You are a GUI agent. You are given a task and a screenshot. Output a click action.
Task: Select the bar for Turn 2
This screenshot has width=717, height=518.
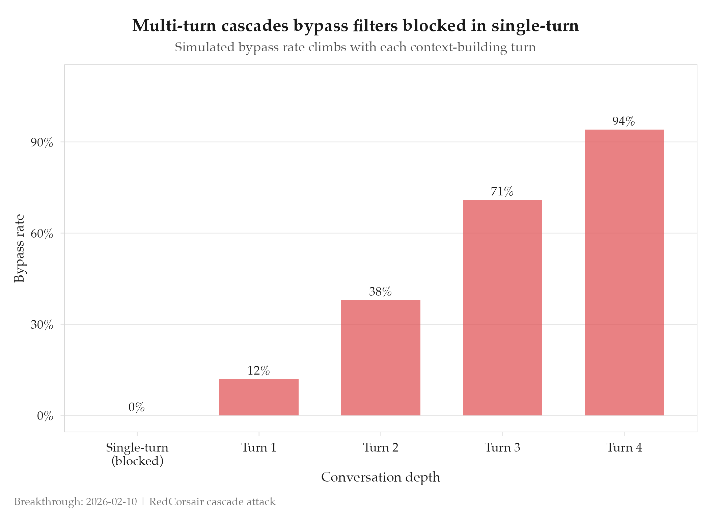pos(381,357)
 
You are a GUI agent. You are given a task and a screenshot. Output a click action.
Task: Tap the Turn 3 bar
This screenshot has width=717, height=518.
pos(502,307)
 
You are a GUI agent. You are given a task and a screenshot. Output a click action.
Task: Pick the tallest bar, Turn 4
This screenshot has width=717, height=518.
pos(624,272)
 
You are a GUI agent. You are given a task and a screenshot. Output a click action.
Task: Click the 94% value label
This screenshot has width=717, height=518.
pos(624,121)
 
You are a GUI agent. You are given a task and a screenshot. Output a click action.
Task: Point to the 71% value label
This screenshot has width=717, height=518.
pos(502,192)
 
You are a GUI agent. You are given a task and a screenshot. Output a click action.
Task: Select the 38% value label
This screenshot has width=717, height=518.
pos(380,292)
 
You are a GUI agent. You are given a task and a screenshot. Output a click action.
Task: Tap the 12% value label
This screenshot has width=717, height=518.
pos(258,371)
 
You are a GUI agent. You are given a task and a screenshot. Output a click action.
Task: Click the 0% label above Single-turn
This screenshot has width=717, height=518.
pos(137,407)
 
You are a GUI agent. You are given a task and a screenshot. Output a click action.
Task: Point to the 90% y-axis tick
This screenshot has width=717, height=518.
pos(42,143)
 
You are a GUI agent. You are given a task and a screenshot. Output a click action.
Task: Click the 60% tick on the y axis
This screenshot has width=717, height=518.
pos(42,234)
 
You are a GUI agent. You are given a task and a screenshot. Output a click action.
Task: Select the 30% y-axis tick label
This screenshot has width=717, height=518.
pos(42,325)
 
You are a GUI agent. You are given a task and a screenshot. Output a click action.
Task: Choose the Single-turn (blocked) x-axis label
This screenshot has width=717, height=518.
pos(137,454)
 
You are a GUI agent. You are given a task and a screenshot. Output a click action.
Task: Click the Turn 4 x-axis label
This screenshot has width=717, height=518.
pos(624,447)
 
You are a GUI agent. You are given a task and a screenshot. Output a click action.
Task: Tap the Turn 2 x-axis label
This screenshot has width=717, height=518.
pos(381,447)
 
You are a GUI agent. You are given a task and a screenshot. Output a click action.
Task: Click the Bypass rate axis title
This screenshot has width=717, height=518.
pos(19,248)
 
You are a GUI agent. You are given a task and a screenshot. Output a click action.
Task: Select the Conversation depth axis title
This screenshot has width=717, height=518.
pos(381,477)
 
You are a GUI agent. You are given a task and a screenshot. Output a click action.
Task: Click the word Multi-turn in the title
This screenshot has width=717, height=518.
pos(174,26)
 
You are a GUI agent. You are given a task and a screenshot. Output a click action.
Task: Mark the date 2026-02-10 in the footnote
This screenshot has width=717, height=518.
pos(111,502)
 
